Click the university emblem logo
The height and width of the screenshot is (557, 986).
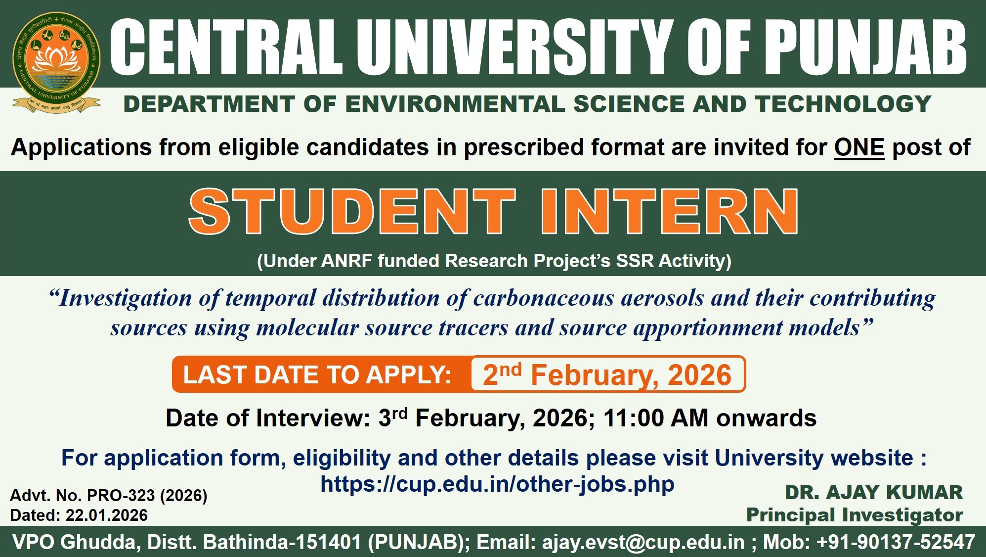tap(56, 62)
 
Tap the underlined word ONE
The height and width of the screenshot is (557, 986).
tap(859, 147)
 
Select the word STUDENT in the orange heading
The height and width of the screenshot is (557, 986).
tap(352, 211)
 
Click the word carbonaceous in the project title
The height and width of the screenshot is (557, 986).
tap(544, 298)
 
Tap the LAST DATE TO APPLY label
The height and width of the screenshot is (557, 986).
tap(317, 374)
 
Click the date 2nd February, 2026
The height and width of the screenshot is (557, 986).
tap(607, 374)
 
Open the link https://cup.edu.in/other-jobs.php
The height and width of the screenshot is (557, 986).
tap(497, 484)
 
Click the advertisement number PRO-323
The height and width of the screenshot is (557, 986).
tap(121, 495)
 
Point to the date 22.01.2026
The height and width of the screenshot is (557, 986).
tap(107, 515)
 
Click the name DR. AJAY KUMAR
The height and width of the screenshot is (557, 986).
tap(874, 493)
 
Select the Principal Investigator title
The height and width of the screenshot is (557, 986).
tap(855, 515)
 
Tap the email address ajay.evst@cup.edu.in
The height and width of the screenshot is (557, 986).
tap(643, 542)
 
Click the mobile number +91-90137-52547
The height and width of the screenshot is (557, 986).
tap(896, 542)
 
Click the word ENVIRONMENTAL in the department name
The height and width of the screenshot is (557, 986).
tap(455, 104)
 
